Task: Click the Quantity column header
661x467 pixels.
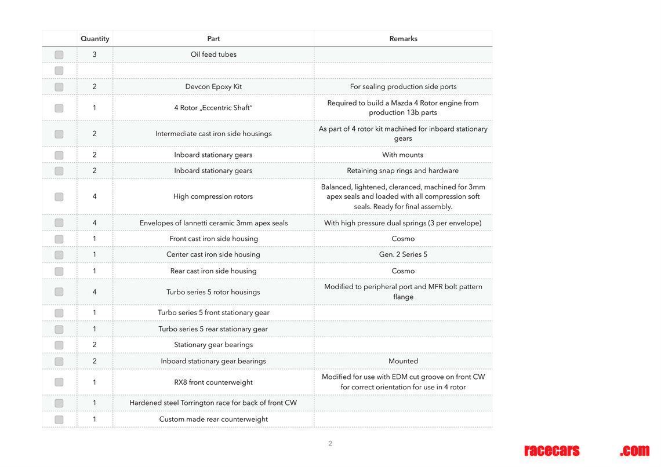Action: tap(95, 39)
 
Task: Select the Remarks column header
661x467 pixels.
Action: tap(403, 39)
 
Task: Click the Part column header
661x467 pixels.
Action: tap(213, 39)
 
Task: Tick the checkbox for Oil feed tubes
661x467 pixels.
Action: tap(59, 55)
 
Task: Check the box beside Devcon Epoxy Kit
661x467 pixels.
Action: tap(59, 87)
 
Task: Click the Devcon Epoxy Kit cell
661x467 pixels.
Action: tap(213, 87)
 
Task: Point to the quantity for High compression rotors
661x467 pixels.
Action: tap(95, 196)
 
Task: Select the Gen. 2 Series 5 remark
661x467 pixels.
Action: tap(403, 254)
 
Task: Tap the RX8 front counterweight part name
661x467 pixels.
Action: tap(213, 382)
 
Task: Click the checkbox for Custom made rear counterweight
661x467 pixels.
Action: tap(59, 419)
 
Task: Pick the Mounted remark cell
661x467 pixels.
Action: tap(403, 361)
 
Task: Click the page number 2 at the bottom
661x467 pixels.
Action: tap(330, 444)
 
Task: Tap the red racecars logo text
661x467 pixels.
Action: tap(551, 451)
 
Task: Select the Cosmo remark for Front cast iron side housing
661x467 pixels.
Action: tap(403, 239)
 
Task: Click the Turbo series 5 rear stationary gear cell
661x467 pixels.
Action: tap(213, 329)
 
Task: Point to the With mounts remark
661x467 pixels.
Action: tap(403, 155)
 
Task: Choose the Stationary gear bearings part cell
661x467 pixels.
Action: tap(213, 345)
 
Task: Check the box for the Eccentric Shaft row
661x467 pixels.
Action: tap(59, 108)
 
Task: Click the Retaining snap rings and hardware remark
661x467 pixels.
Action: tap(403, 171)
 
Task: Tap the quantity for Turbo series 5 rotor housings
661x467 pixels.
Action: tap(95, 292)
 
